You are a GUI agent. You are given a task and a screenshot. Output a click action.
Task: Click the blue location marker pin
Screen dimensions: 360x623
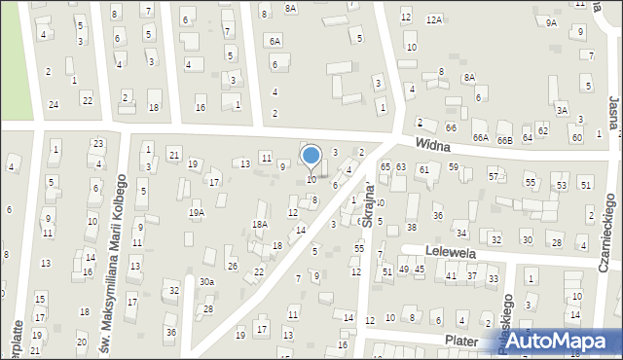click(x=311, y=156)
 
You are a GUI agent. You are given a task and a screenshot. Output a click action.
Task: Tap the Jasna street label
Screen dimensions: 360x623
click(x=613, y=112)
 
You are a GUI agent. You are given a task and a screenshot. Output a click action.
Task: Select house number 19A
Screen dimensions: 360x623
click(x=197, y=212)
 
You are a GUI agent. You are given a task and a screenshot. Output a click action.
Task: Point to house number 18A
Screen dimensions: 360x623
click(x=259, y=224)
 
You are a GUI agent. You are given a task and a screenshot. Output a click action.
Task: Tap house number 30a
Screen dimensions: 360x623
click(x=206, y=281)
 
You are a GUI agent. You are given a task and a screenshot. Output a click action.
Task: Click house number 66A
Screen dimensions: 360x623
click(x=481, y=138)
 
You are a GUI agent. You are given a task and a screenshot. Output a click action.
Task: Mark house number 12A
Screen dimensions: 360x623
click(x=434, y=18)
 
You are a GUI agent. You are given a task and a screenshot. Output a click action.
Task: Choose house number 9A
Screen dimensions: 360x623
click(x=552, y=21)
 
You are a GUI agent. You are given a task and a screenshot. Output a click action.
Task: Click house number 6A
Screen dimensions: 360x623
click(x=275, y=41)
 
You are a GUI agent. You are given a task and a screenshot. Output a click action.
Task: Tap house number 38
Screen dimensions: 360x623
click(x=412, y=227)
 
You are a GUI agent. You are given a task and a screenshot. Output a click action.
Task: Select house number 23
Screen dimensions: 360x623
click(x=98, y=144)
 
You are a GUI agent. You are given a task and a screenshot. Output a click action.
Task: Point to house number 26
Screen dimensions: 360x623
click(x=232, y=266)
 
